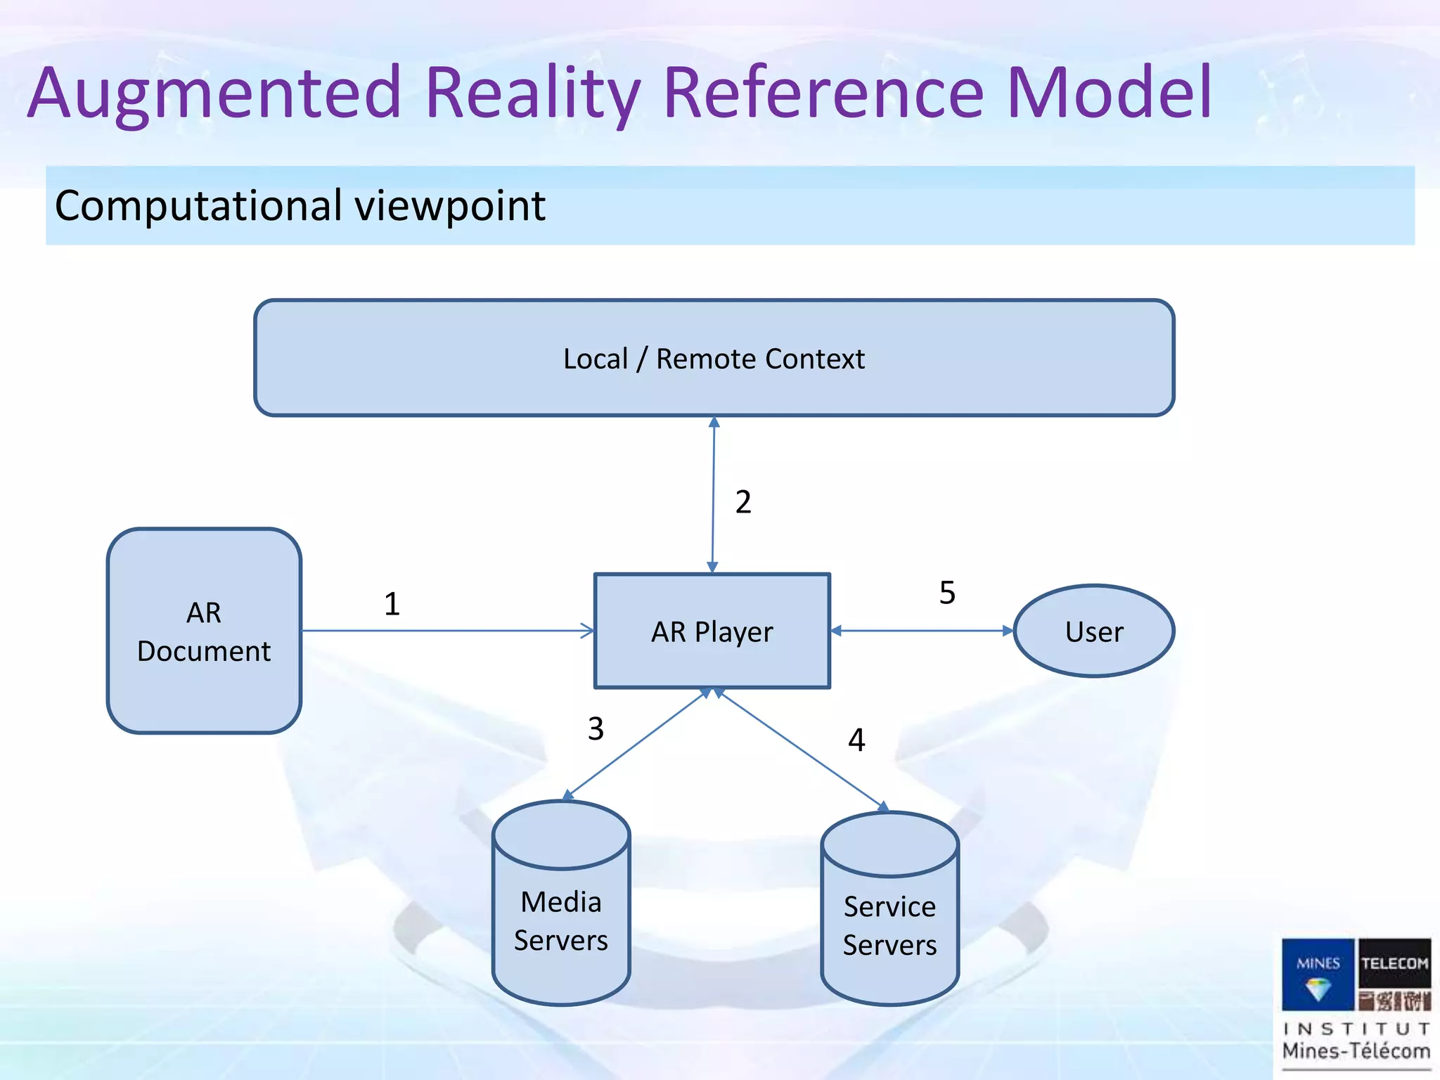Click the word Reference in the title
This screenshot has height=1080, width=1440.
click(823, 93)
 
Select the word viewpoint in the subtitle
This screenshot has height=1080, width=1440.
click(450, 207)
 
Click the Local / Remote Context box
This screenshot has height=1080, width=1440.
click(714, 358)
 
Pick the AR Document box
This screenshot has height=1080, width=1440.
click(204, 631)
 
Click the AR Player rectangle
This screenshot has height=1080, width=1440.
click(712, 631)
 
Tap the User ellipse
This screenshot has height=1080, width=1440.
click(1093, 631)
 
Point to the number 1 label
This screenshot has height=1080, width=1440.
click(392, 604)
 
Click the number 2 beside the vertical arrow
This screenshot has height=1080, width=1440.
click(743, 502)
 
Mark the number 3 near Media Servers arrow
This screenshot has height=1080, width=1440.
click(596, 728)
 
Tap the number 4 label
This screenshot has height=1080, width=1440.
click(856, 740)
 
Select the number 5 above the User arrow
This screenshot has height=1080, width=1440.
click(947, 593)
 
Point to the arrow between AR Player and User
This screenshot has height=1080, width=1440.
click(921, 631)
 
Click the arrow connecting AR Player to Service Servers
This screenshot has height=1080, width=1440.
click(802, 749)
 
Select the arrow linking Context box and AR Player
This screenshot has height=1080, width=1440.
click(713, 492)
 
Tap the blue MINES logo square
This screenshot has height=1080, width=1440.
click(1317, 974)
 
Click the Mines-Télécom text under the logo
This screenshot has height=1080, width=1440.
click(1356, 1051)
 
